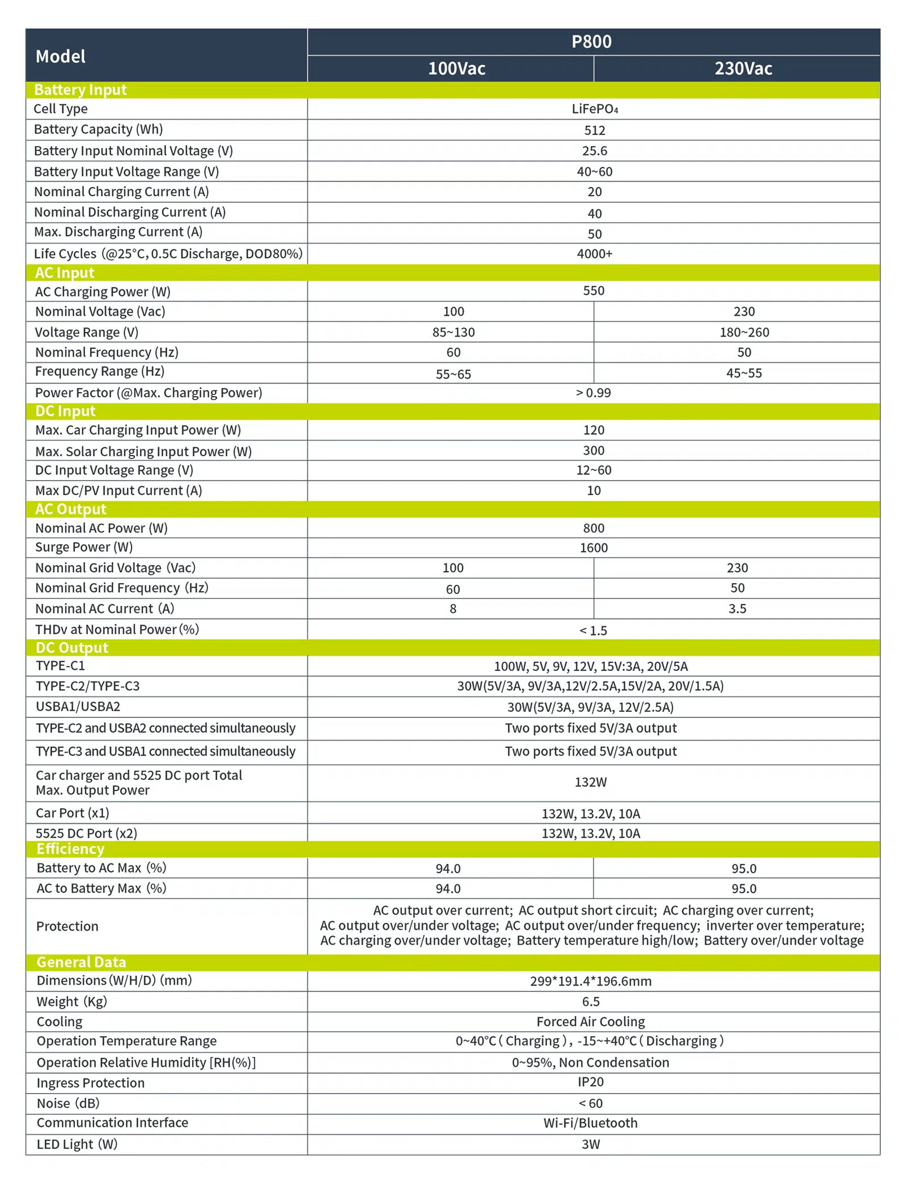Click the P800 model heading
coord(591,42)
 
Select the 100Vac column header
coord(456,69)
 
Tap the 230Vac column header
coord(743,69)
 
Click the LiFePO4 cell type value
coord(594,109)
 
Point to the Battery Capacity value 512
coord(594,130)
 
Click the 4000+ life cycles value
coord(594,253)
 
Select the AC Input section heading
coord(65,273)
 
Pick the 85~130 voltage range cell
coord(453,332)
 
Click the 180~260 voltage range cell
coord(744,332)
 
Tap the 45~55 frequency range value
coord(744,373)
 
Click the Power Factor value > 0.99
coord(593,393)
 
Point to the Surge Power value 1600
coord(594,547)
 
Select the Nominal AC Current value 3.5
coord(737,609)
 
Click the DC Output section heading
coord(71,647)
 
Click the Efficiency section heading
coord(70,848)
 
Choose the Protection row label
coord(67,926)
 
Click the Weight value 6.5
coord(591,1001)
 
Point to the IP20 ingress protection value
coord(591,1082)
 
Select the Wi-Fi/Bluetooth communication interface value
coord(590,1123)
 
